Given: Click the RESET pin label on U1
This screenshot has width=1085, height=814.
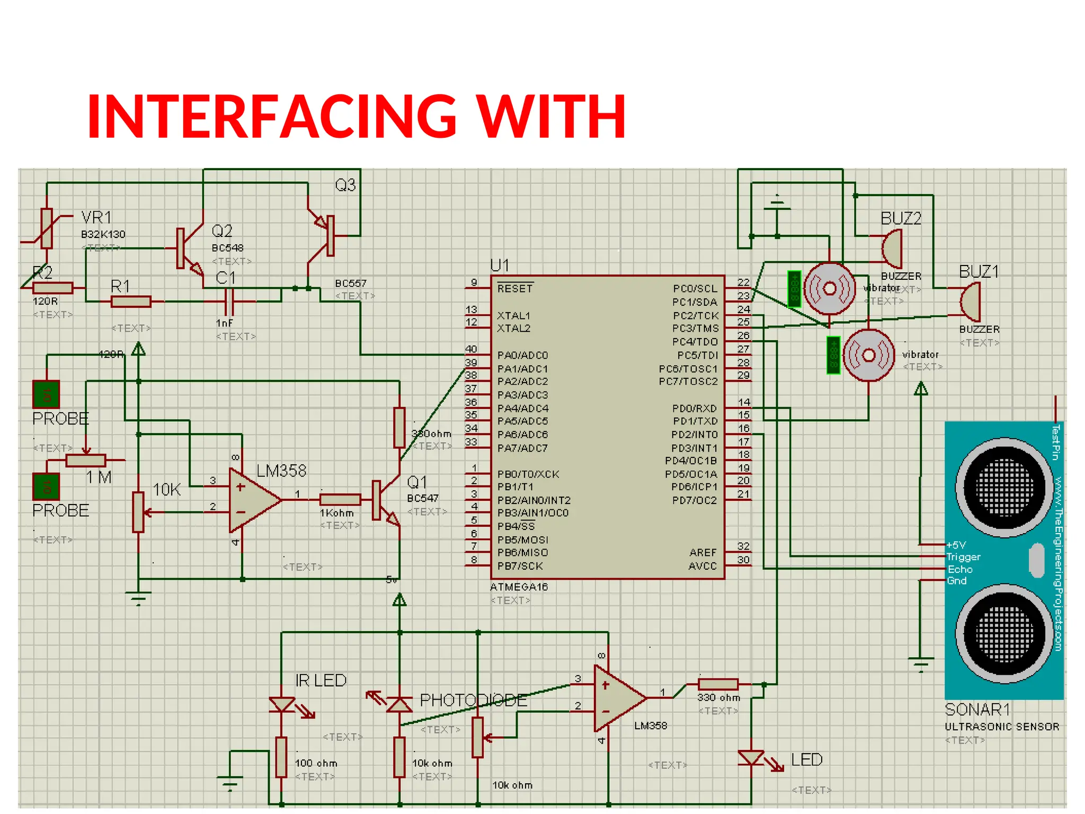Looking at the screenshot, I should pos(514,289).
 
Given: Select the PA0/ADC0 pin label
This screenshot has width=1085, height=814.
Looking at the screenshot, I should pos(522,355).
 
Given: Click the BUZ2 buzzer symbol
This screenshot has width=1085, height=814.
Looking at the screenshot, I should pos(892,249).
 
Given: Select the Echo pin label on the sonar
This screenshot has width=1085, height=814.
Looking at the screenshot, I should pos(960,569).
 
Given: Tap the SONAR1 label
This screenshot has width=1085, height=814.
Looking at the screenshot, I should pos(977,709).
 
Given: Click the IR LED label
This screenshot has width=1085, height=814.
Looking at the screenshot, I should pos(321,680).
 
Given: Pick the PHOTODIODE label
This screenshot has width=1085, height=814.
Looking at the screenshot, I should pos(473,700).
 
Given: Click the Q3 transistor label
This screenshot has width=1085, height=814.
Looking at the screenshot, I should pos(345,185).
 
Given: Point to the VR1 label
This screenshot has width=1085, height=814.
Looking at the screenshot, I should pos(96,217).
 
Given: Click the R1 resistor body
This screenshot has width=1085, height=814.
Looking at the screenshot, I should pos(131,302).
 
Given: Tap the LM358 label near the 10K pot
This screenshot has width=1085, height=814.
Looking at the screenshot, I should pos(281,471).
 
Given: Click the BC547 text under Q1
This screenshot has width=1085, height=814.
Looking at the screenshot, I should pos(422,498).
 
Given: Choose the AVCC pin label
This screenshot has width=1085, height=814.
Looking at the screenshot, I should pos(702,566).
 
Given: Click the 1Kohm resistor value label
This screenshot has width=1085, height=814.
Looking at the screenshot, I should pos(336,513).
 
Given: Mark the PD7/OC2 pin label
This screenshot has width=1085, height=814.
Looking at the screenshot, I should pos(694,500).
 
